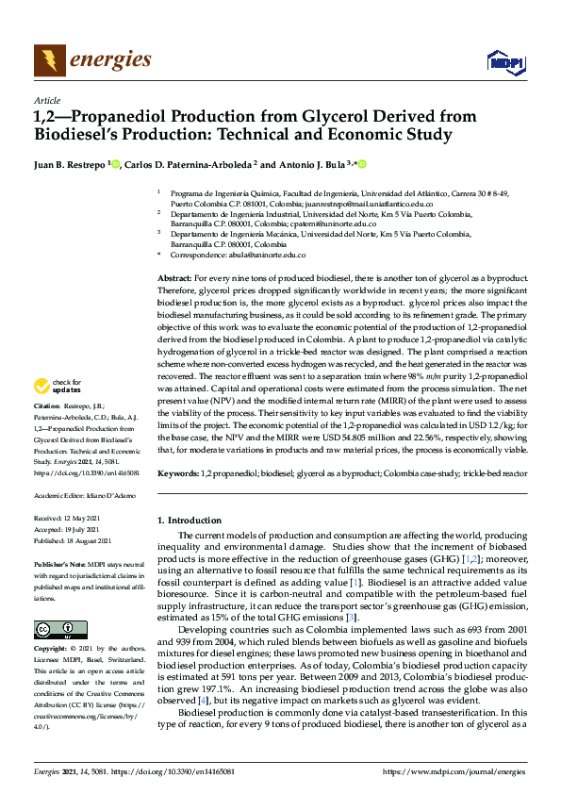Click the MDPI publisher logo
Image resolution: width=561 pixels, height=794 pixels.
[503, 62]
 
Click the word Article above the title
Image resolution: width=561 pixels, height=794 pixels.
[46, 100]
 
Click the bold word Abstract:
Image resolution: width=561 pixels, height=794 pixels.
[173, 280]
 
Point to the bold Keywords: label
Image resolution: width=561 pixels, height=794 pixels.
[177, 471]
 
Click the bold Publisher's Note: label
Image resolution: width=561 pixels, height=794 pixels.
[58, 564]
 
